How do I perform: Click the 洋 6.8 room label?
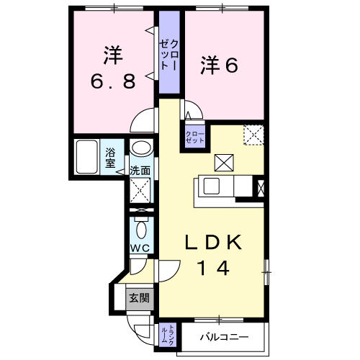[x=112, y=68]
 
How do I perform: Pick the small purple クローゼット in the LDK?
[x=194, y=135]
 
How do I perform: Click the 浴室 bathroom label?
[x=111, y=157]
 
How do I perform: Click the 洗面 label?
[x=140, y=171]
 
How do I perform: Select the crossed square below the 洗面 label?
[x=140, y=191]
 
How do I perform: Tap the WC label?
[x=140, y=248]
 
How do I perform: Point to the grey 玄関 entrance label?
[x=139, y=297]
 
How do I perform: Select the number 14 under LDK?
[x=214, y=269]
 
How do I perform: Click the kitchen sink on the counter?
[x=212, y=186]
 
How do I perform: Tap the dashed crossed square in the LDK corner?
[x=253, y=135]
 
